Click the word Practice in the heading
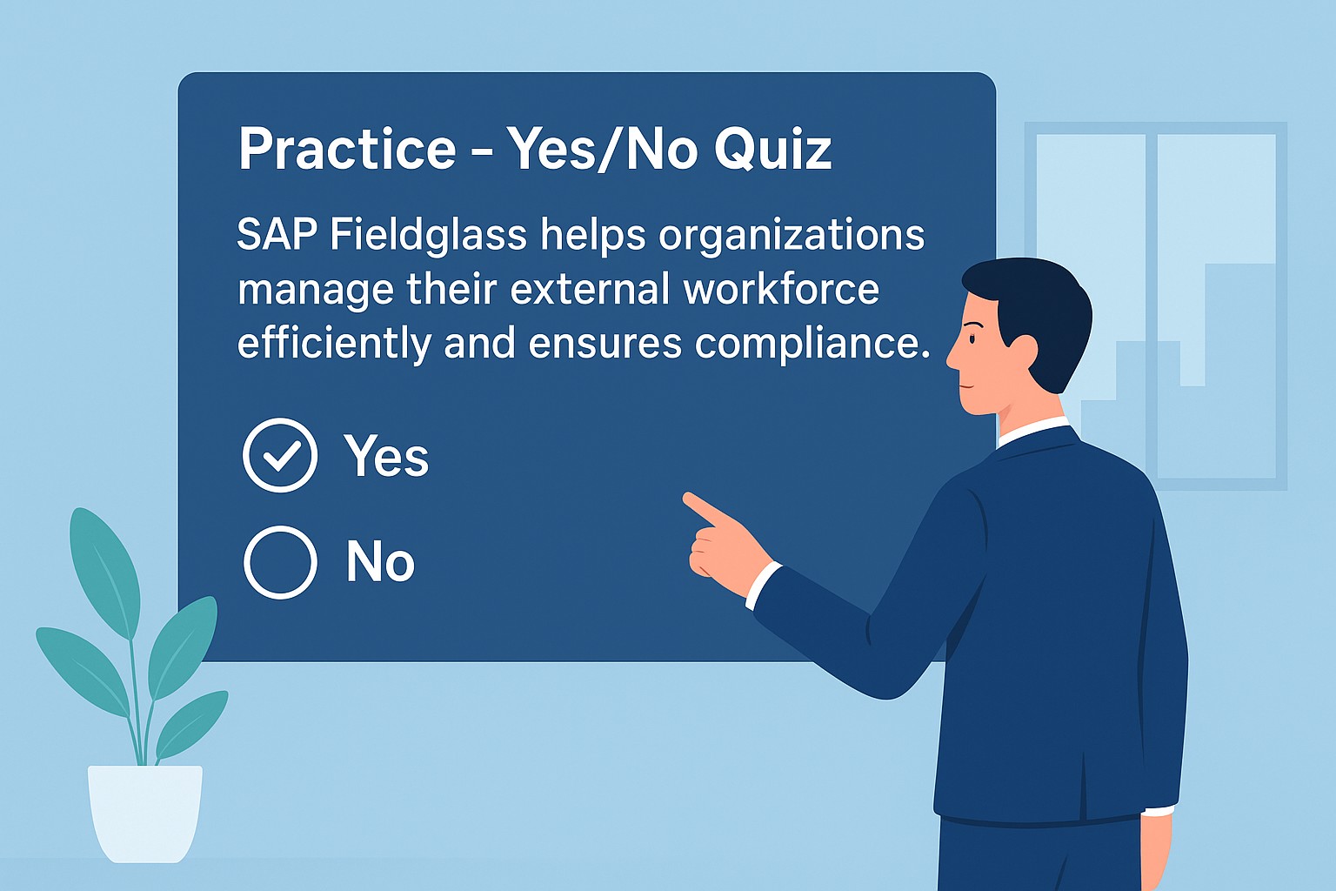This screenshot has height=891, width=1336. (348, 149)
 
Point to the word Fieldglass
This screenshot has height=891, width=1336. (428, 235)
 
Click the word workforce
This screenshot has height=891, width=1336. (781, 290)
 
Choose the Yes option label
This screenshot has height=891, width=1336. (386, 456)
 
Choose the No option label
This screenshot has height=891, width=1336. (380, 561)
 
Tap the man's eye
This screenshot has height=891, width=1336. (972, 339)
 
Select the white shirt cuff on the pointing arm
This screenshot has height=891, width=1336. (763, 586)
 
